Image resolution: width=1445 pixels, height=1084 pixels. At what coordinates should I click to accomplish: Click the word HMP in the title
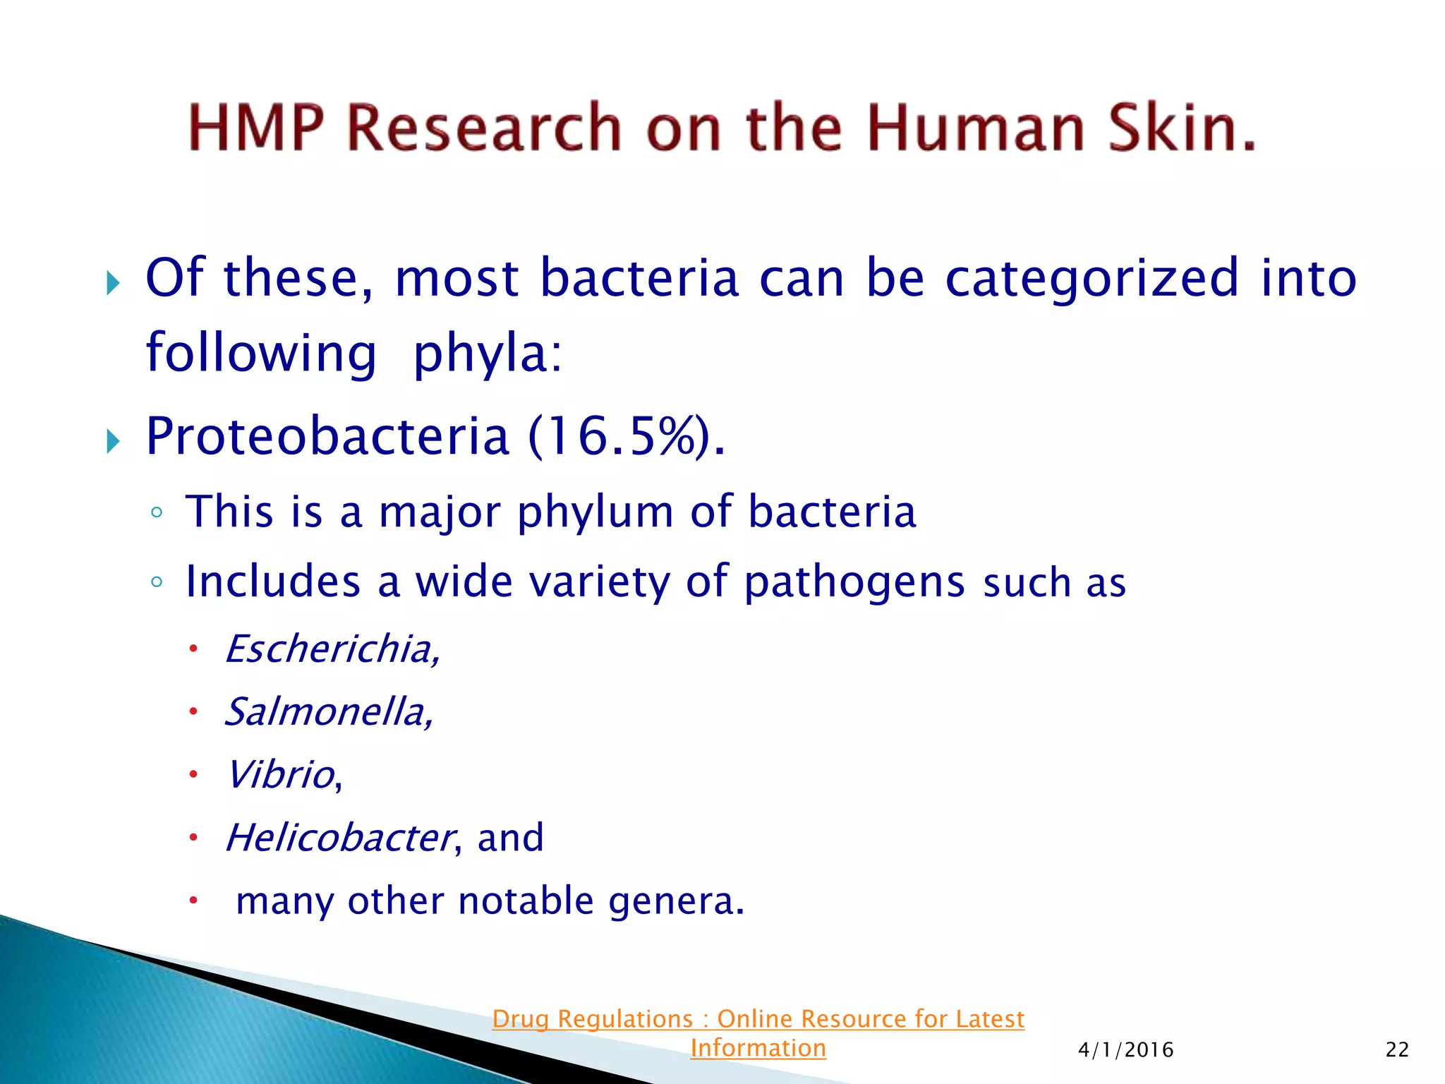(255, 128)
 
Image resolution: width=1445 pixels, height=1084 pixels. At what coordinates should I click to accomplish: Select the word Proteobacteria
(327, 436)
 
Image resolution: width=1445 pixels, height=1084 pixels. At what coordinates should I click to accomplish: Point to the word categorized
(1092, 278)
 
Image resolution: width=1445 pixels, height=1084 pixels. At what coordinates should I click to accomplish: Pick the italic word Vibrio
(280, 774)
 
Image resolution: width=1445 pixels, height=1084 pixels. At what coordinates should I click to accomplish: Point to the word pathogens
(854, 582)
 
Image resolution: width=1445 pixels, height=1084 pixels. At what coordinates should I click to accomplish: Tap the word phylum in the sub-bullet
(595, 512)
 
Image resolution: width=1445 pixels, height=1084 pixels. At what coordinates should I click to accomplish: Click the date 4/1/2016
(1125, 1050)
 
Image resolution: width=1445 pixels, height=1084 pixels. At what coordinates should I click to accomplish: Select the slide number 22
(1397, 1050)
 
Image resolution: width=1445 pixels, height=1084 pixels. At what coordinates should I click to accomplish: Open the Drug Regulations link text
(758, 1019)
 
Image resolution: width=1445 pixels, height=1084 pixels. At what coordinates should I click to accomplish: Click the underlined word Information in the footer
(758, 1048)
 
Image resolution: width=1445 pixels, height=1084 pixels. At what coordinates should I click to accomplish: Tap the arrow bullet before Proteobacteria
(113, 442)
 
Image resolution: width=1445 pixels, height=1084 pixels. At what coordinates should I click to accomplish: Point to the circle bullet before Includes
(157, 583)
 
